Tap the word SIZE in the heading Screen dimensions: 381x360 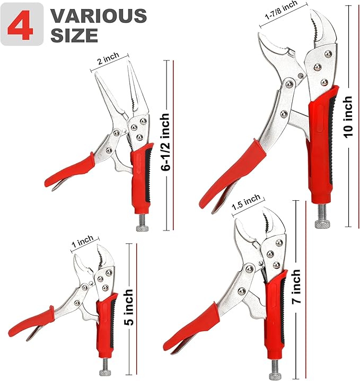[74, 35]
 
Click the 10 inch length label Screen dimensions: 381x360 [348, 117]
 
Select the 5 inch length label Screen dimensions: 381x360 [128, 307]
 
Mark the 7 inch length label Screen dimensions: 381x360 [295, 289]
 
